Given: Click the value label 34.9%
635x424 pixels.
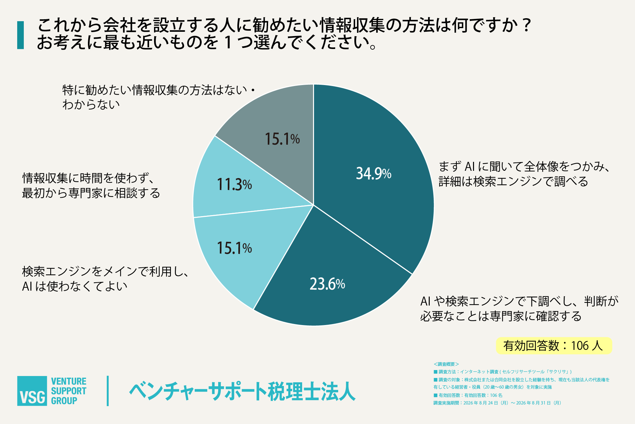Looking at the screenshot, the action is pyautogui.click(x=374, y=173).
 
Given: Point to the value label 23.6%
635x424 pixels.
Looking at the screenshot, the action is pyautogui.click(x=327, y=284).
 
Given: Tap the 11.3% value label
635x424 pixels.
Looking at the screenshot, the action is pyautogui.click(x=234, y=184).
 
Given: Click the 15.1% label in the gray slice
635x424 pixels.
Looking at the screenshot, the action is pyautogui.click(x=282, y=139).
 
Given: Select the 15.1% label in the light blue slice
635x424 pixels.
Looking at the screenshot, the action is pyautogui.click(x=234, y=248).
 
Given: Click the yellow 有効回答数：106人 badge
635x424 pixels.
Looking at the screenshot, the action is pyautogui.click(x=554, y=346).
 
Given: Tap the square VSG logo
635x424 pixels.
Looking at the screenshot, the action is pyautogui.click(x=32, y=391).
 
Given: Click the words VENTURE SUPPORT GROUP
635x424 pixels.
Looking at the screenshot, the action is pyautogui.click(x=69, y=391).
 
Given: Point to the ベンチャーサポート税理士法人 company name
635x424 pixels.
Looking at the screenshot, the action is pyautogui.click(x=242, y=392).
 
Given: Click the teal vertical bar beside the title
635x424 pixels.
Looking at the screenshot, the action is pyautogui.click(x=20, y=35).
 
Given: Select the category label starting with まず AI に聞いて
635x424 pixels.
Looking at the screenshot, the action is pyautogui.click(x=524, y=174).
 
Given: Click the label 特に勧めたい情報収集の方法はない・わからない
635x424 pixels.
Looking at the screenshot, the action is pyautogui.click(x=159, y=97).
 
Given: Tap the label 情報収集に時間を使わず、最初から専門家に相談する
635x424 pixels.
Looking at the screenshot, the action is pyautogui.click(x=91, y=186).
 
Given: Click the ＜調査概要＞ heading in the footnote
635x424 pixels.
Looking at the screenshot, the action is pyautogui.click(x=446, y=364).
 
